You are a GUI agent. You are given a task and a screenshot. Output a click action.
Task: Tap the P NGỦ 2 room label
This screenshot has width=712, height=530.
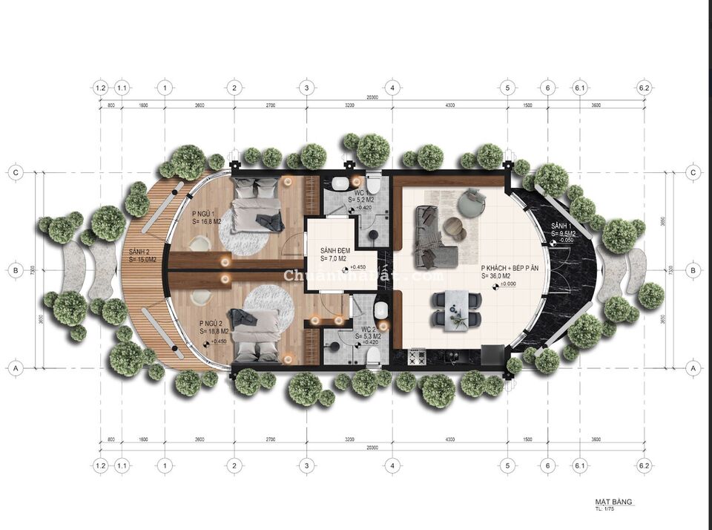coord(214,324)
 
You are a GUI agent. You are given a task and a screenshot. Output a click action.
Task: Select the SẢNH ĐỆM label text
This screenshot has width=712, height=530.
coord(335,250)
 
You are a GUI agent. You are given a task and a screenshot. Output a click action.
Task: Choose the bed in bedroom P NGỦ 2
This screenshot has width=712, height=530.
coord(256,333)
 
